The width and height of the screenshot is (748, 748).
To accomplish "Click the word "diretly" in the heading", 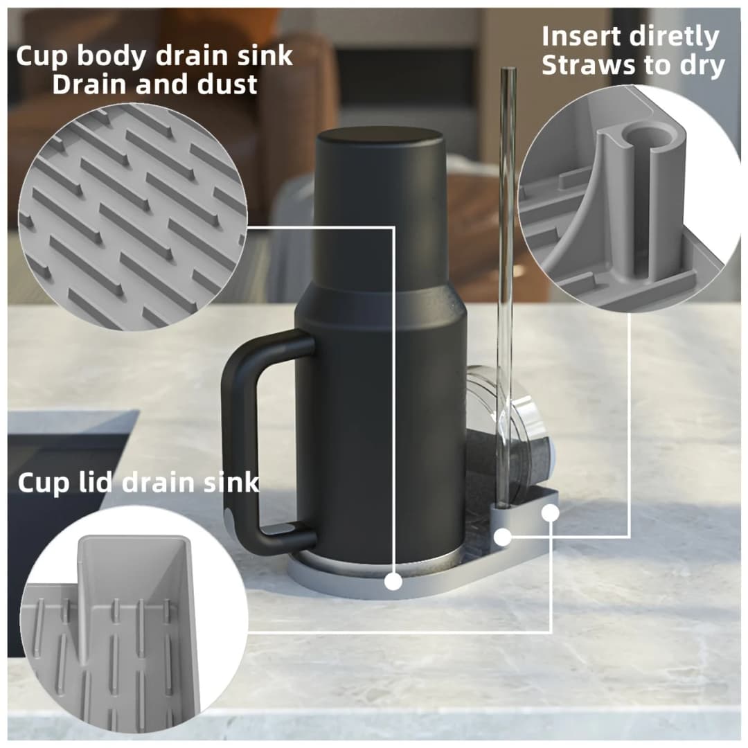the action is [674, 37].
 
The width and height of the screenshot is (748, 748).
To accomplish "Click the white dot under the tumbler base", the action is [393, 582].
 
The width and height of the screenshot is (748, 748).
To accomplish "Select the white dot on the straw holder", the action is [502, 537].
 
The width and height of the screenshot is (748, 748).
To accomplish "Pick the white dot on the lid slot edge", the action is [550, 513].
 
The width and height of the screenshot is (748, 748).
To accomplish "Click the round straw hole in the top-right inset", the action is [652, 135].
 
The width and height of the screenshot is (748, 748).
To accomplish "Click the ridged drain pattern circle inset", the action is [132, 217].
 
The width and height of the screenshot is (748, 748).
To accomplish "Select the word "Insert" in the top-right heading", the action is [580, 37].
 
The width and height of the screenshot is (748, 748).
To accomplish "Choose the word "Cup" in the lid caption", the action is [43, 483].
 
